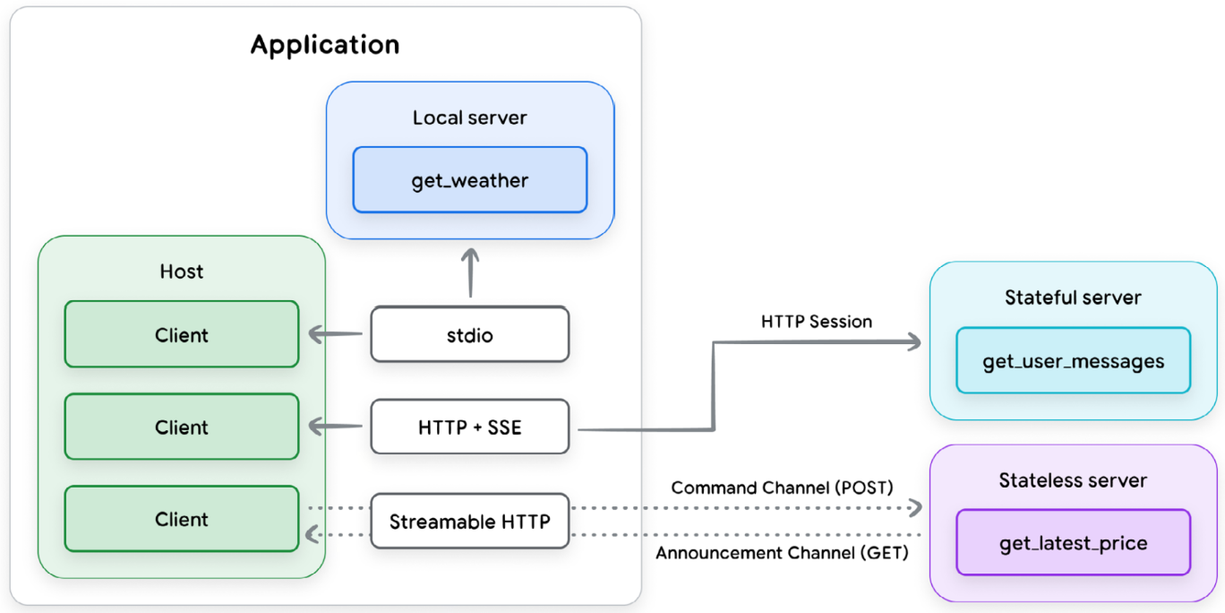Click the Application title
point(324,45)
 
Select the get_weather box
point(469,180)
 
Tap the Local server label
point(469,118)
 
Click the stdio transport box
point(469,335)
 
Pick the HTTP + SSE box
point(469,427)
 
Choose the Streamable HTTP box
point(469,521)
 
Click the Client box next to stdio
point(182,335)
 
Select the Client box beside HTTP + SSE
point(182,427)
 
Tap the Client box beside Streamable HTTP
point(182,520)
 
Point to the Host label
point(182,272)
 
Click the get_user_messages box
point(1073,361)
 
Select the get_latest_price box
point(1073,543)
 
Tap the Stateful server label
point(1073,298)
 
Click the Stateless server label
point(1073,480)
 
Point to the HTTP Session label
point(817,321)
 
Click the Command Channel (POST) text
point(782,488)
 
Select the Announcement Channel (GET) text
point(782,553)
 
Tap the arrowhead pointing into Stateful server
point(913,341)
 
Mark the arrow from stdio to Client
point(336,335)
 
